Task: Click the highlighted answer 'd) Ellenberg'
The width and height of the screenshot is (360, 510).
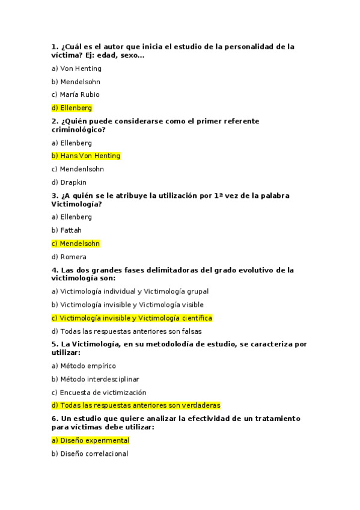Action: click(72, 108)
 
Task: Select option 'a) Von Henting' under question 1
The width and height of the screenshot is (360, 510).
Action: click(76, 69)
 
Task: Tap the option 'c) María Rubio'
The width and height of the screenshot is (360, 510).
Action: click(76, 94)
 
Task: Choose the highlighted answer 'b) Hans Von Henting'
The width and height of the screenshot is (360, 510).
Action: click(86, 156)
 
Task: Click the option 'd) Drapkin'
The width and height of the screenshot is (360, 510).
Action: click(69, 182)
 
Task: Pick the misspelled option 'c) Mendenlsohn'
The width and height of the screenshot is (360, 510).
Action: click(78, 169)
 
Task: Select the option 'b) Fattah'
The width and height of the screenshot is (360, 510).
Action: click(67, 230)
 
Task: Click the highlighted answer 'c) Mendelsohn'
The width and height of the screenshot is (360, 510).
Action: click(76, 244)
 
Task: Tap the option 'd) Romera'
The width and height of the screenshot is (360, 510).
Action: click(69, 257)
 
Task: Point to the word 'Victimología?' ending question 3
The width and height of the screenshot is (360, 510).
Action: click(76, 204)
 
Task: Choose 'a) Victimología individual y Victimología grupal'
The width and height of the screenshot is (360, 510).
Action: click(130, 292)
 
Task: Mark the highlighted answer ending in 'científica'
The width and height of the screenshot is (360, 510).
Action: click(132, 318)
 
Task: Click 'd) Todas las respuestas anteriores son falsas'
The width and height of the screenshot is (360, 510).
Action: click(127, 331)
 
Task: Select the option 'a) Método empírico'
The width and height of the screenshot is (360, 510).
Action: click(84, 366)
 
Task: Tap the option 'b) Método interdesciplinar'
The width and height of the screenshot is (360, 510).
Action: click(96, 379)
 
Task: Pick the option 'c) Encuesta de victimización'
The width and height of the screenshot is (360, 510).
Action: click(99, 392)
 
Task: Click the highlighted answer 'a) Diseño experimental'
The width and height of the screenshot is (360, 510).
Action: click(91, 440)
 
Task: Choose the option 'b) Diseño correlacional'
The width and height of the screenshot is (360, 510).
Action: click(90, 453)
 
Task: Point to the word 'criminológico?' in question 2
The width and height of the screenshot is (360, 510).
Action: click(79, 129)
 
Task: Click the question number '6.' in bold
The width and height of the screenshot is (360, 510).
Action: click(55, 418)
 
